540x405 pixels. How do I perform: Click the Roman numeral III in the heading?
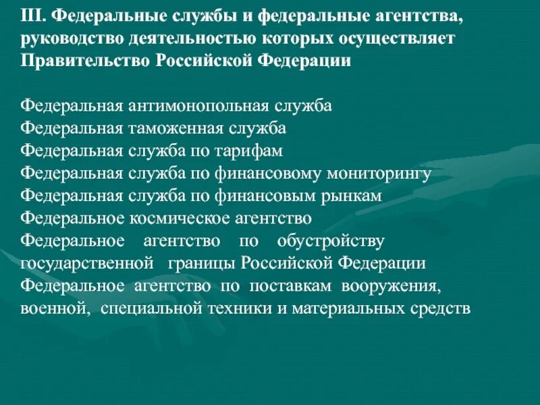point(32,15)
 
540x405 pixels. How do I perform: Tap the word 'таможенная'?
point(177,129)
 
